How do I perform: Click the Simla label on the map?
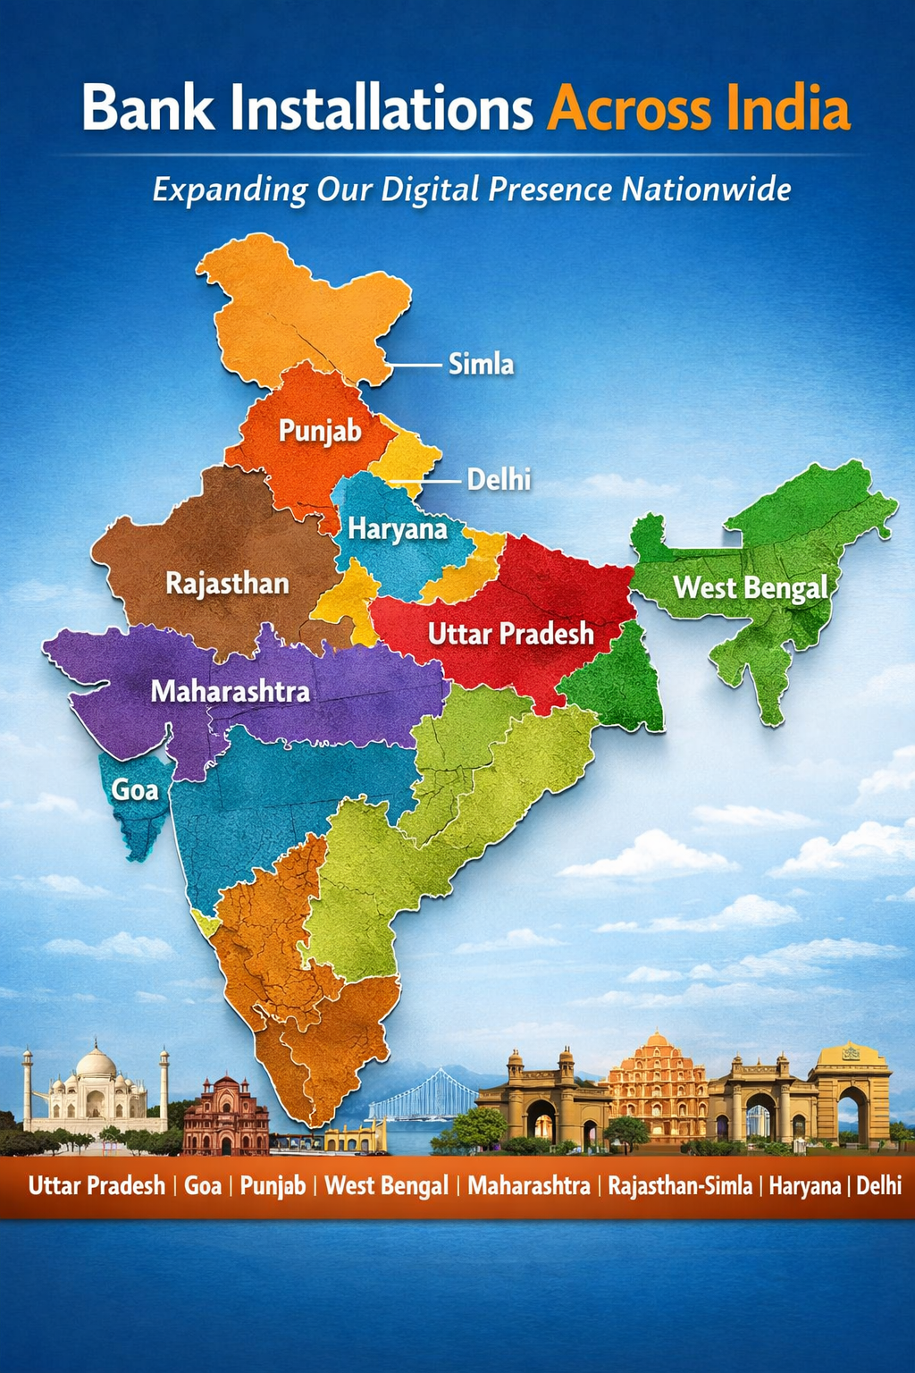coord(481,365)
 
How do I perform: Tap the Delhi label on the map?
coord(499,480)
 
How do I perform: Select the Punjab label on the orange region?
coord(320,431)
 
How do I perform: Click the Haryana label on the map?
coord(398,529)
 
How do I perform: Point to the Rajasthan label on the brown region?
coord(228,584)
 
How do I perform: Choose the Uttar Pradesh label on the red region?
coord(510,634)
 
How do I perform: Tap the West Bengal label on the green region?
coord(751,588)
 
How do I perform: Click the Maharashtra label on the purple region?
coord(231,691)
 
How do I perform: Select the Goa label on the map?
coord(135,789)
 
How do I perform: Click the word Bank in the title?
coord(148,109)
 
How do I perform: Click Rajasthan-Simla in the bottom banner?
coord(680,1186)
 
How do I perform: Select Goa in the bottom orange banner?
coord(203,1186)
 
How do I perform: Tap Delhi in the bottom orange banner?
coord(878,1186)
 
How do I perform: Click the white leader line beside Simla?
coord(416,365)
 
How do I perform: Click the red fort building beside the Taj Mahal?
coord(225,1115)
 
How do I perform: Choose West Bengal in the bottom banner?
coord(386,1186)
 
